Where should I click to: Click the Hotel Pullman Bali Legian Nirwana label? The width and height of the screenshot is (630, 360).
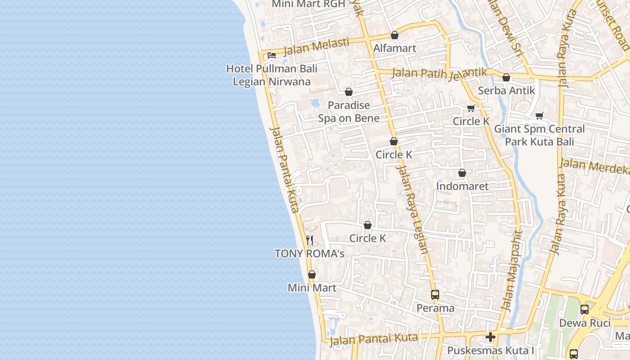click(272, 75)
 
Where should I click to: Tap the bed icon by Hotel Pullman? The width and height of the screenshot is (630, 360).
click(272, 55)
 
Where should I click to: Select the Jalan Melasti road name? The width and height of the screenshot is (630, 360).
click(316, 46)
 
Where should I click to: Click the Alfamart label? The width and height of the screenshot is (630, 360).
click(395, 48)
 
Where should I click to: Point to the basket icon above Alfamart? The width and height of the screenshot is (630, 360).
click(395, 35)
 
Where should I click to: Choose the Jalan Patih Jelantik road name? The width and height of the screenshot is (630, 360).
click(440, 73)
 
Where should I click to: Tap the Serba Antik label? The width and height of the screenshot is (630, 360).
click(506, 90)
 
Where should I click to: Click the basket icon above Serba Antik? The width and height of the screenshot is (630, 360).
click(506, 77)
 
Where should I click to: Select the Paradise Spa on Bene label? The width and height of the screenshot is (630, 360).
click(349, 112)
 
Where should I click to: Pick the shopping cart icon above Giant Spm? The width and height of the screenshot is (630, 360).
click(540, 116)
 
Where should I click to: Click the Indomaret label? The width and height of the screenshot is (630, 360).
click(462, 186)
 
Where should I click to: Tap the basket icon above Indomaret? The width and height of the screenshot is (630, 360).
click(462, 173)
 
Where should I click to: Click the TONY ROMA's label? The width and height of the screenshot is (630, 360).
click(310, 254)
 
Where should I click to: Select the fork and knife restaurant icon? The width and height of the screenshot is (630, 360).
click(310, 240)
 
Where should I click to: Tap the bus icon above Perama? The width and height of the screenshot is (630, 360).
click(435, 295)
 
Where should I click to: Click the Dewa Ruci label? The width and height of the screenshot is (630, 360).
click(585, 323)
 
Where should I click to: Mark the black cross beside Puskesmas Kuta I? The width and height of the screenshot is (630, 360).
click(490, 337)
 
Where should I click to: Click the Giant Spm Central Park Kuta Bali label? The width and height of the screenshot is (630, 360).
click(540, 135)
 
